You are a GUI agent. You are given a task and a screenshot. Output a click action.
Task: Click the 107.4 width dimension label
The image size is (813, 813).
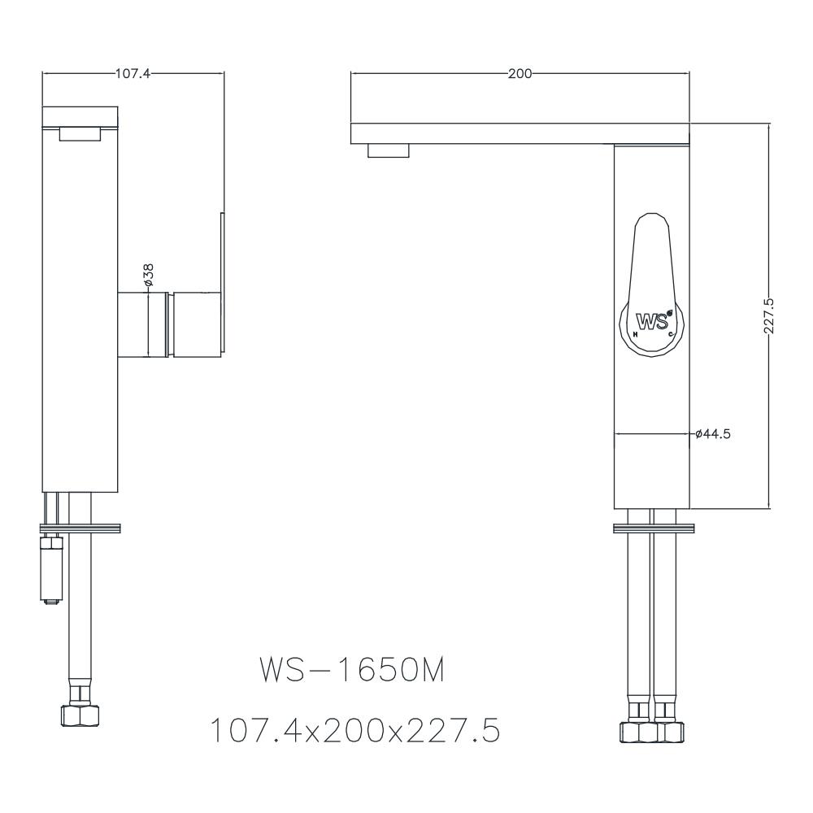[133, 73]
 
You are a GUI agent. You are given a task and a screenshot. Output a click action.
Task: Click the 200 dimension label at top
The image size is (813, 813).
[520, 73]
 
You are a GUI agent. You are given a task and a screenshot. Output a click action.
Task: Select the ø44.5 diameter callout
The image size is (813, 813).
[713, 434]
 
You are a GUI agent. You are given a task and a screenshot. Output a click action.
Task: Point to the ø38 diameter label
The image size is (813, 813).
[149, 275]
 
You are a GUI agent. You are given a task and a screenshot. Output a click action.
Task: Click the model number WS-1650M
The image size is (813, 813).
[351, 672]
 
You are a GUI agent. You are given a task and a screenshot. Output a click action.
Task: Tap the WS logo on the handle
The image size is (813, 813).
[652, 320]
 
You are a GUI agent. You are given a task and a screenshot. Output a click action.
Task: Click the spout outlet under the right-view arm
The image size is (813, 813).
[389, 150]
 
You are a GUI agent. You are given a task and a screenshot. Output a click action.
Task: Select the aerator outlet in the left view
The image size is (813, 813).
[80, 134]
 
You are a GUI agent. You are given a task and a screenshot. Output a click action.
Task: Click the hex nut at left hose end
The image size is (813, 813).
[80, 715]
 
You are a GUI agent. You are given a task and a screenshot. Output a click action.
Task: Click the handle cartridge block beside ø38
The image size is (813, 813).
[195, 323]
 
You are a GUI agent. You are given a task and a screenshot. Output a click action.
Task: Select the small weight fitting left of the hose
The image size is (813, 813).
[52, 567]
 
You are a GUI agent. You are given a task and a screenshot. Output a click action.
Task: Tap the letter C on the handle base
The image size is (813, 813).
[671, 334]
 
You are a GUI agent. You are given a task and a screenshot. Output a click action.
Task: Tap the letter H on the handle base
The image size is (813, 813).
[634, 334]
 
